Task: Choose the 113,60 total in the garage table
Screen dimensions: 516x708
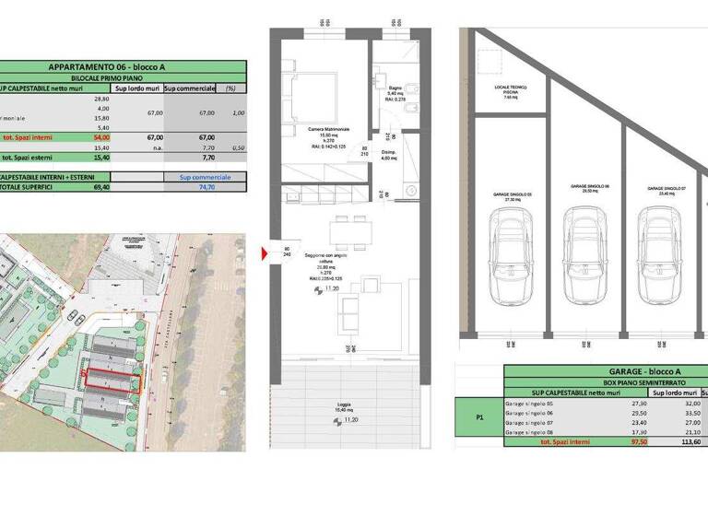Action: coord(683,441)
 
